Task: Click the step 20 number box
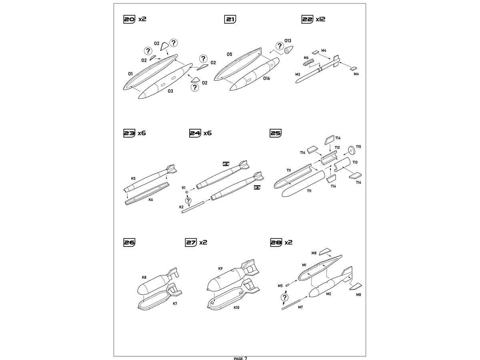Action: point(129,19)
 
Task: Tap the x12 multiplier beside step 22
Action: point(320,19)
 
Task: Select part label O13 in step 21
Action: point(288,41)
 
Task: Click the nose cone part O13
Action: point(289,50)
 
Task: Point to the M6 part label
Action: point(306,58)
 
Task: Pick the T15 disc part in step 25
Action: point(351,150)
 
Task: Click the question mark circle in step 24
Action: point(188,200)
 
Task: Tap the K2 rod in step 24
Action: point(193,207)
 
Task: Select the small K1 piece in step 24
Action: point(187,192)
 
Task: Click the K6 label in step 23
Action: point(151,200)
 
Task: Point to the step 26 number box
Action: point(129,242)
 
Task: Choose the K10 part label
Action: point(236,308)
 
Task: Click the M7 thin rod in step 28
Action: point(291,305)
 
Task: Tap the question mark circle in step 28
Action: point(284,297)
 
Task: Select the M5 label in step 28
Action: point(280,286)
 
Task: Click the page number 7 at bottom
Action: point(246,358)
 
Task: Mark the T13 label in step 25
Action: point(355,162)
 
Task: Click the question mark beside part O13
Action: point(280,46)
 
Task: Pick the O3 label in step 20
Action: point(170,91)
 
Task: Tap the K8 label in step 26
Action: point(144,277)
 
